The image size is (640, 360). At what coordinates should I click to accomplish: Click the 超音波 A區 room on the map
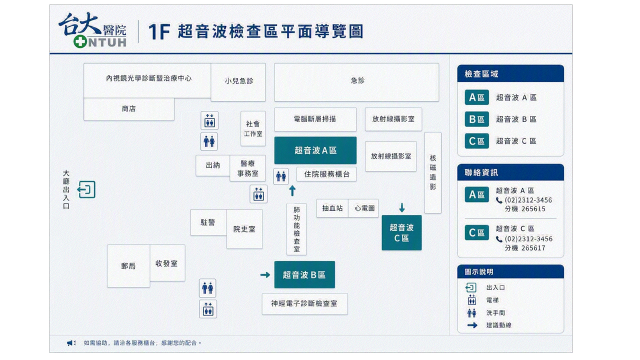[x=315, y=150]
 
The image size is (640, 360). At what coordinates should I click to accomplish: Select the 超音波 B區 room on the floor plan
[x=304, y=274]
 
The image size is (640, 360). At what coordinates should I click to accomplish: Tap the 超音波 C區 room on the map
[x=401, y=232]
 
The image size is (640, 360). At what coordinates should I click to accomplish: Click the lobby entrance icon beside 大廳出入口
[x=86, y=189]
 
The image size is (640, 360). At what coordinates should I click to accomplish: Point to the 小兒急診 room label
[x=239, y=81]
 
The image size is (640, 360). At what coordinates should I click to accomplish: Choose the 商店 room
[x=129, y=109]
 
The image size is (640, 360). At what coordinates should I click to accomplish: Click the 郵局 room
[x=128, y=265]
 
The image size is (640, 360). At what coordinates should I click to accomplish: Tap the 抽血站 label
[x=332, y=208]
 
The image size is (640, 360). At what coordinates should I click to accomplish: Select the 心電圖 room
[x=363, y=208]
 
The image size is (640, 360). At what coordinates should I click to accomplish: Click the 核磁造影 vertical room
[x=433, y=172]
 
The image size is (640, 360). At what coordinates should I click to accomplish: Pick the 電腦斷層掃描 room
[x=315, y=119]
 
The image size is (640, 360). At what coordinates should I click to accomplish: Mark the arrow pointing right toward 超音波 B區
[x=265, y=275]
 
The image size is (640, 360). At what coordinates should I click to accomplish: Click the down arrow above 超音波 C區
[x=401, y=207]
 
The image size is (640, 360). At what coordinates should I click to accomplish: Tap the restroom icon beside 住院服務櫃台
[x=281, y=176]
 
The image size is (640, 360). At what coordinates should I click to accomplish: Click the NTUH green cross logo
[x=80, y=41]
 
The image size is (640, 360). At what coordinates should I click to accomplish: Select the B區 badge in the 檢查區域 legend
[x=476, y=119]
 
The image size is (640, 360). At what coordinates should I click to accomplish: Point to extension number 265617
[x=533, y=248]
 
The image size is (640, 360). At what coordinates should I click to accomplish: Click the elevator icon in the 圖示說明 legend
[x=471, y=300]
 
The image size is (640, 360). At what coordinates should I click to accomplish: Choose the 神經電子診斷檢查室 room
[x=304, y=303]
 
